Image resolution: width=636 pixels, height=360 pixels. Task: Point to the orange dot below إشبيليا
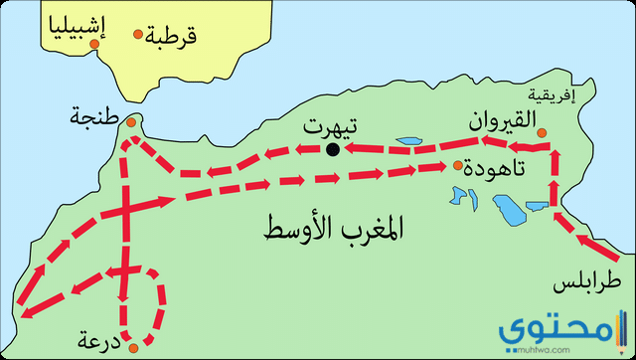click(93, 45)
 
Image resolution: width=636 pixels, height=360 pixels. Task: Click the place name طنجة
click(92, 116)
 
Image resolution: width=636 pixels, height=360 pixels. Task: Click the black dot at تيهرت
click(332, 149)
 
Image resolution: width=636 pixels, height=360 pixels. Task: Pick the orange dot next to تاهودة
click(457, 166)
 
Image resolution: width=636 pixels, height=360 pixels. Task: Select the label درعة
click(97, 343)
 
